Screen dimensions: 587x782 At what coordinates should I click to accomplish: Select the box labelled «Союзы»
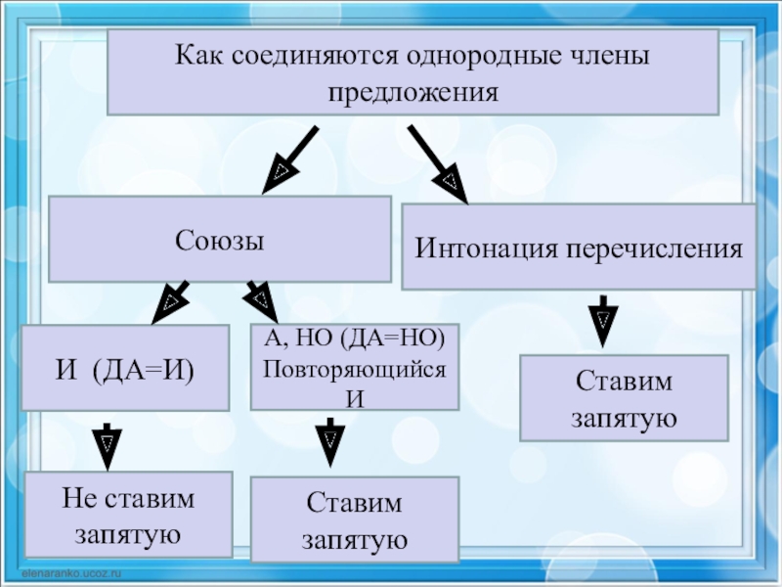click(x=220, y=239)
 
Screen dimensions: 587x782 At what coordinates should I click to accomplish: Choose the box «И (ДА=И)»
click(x=125, y=368)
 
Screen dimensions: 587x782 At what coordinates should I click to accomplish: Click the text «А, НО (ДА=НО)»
click(x=355, y=338)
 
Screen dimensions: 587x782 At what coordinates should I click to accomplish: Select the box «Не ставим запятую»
click(x=128, y=516)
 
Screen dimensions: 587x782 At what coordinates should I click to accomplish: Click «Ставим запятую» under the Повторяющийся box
click(x=355, y=519)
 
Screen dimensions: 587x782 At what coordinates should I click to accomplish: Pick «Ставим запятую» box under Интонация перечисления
click(x=624, y=397)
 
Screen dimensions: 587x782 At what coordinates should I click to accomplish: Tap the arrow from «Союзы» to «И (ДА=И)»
click(x=171, y=300)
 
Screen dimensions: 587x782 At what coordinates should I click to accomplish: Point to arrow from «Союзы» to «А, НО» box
click(x=258, y=297)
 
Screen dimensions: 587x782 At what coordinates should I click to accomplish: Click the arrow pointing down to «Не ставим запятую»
click(x=107, y=444)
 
